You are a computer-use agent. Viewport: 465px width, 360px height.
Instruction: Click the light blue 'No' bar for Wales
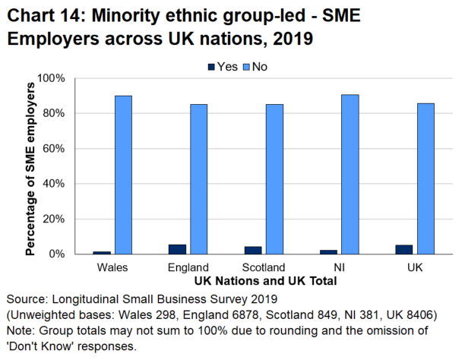coord(123,175)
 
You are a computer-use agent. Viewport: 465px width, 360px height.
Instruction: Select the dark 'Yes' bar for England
coord(177,249)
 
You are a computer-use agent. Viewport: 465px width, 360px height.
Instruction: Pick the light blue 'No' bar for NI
coord(350,174)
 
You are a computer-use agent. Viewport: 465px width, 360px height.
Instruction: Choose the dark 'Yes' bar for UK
coord(404,249)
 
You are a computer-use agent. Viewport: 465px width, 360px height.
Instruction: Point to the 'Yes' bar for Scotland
coord(253,250)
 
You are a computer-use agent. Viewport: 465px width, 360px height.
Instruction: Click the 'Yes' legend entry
coord(222,67)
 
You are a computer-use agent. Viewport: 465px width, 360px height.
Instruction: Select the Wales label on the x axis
coord(112,267)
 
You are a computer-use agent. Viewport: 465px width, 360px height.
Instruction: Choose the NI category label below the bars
coord(339,267)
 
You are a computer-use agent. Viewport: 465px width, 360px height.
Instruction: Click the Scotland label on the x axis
coord(263,267)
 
